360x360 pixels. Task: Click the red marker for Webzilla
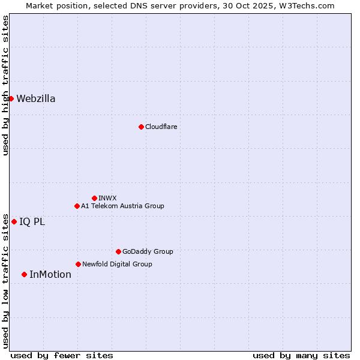coord(11,98)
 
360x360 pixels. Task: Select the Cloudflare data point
coord(141,127)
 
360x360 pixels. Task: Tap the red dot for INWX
coord(94,198)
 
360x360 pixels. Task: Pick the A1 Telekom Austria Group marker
coord(77,206)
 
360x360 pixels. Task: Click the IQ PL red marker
coord(14,221)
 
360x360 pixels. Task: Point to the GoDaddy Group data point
coord(118,251)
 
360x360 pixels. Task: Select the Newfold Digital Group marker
coord(78,264)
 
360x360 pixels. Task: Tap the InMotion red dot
coord(24,274)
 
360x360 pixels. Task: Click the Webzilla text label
coord(36,99)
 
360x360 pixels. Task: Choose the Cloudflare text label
coord(161,127)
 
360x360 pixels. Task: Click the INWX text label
coord(107,198)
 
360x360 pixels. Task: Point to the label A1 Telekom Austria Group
coord(122,206)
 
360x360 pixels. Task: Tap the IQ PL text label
coord(32,222)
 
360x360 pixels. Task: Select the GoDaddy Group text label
coord(148,251)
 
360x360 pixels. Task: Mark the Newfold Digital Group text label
coord(117,264)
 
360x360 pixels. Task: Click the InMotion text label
coord(50,275)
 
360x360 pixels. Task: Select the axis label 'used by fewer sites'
coord(62,355)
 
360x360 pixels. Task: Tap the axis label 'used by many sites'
coord(301,355)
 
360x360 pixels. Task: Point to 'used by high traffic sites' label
coord(5,86)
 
